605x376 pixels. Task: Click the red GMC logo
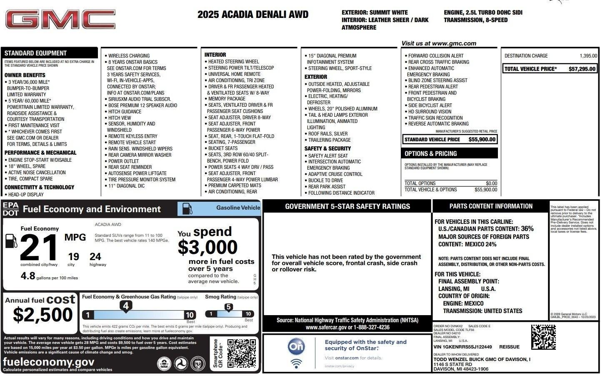click(x=60, y=20)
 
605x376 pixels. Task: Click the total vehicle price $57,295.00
click(x=582, y=69)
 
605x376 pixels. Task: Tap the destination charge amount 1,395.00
click(x=588, y=56)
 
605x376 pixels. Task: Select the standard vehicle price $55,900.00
click(x=482, y=140)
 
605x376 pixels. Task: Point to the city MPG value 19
click(x=73, y=257)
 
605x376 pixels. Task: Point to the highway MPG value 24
click(x=95, y=257)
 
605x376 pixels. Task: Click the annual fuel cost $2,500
click(x=43, y=315)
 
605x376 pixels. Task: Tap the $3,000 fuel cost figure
click(x=207, y=248)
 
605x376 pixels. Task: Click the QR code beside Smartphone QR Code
click(x=241, y=353)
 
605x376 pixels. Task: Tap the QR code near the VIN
click(x=543, y=337)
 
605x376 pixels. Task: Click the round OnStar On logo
click(x=296, y=346)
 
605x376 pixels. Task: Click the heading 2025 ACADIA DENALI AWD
click(x=253, y=15)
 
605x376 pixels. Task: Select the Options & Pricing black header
click(x=449, y=153)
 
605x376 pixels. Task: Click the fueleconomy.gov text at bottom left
click(x=49, y=361)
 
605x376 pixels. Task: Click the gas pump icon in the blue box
click(x=187, y=209)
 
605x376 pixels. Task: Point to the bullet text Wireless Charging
click(x=129, y=56)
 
